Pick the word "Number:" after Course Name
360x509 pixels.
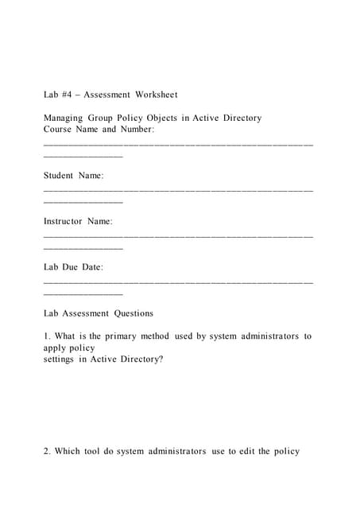click(136, 129)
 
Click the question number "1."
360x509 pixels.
click(48, 336)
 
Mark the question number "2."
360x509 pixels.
click(48, 452)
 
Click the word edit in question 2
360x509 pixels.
click(246, 452)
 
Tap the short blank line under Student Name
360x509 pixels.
click(83, 202)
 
